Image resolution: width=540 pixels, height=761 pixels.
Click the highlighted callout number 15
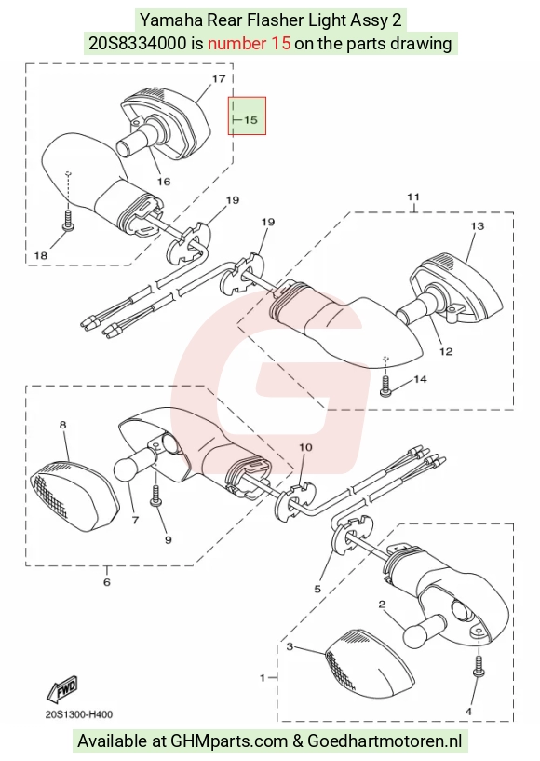pyautogui.click(x=250, y=119)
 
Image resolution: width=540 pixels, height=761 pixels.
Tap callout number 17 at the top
pyautogui.click(x=219, y=78)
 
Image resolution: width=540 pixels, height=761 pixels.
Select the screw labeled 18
pyautogui.click(x=68, y=220)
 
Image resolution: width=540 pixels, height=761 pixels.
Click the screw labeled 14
pyautogui.click(x=385, y=386)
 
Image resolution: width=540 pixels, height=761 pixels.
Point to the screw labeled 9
pyautogui.click(x=156, y=496)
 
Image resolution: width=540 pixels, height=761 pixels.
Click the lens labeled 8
pyautogui.click(x=74, y=495)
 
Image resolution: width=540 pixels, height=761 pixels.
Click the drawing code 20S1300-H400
pyautogui.click(x=79, y=714)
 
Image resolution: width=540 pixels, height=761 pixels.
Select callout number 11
pyautogui.click(x=413, y=197)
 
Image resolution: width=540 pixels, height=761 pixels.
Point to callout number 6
pyautogui.click(x=107, y=581)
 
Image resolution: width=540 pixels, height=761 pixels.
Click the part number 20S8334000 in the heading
pyautogui.click(x=137, y=43)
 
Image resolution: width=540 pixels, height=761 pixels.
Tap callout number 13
pyautogui.click(x=478, y=225)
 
